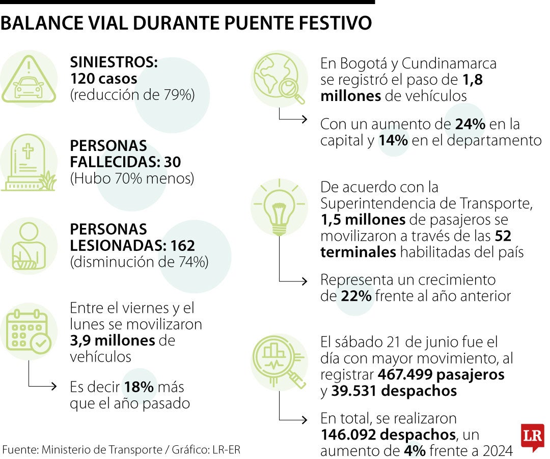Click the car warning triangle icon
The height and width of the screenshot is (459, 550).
pyautogui.click(x=29, y=80)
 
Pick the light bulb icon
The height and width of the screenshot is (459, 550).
pyautogui.click(x=279, y=210)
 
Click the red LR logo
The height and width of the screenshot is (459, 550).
pyautogui.click(x=532, y=437)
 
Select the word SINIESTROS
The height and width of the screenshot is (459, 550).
pyautogui.click(x=113, y=63)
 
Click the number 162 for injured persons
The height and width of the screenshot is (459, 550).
pyautogui.click(x=183, y=246)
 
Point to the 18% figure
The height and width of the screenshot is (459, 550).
pyautogui.click(x=139, y=387)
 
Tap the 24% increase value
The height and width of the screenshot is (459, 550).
pyautogui.click(x=470, y=124)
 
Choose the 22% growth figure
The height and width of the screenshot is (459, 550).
pyautogui.click(x=356, y=296)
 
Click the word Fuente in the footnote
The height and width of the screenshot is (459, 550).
pyautogui.click(x=18, y=450)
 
